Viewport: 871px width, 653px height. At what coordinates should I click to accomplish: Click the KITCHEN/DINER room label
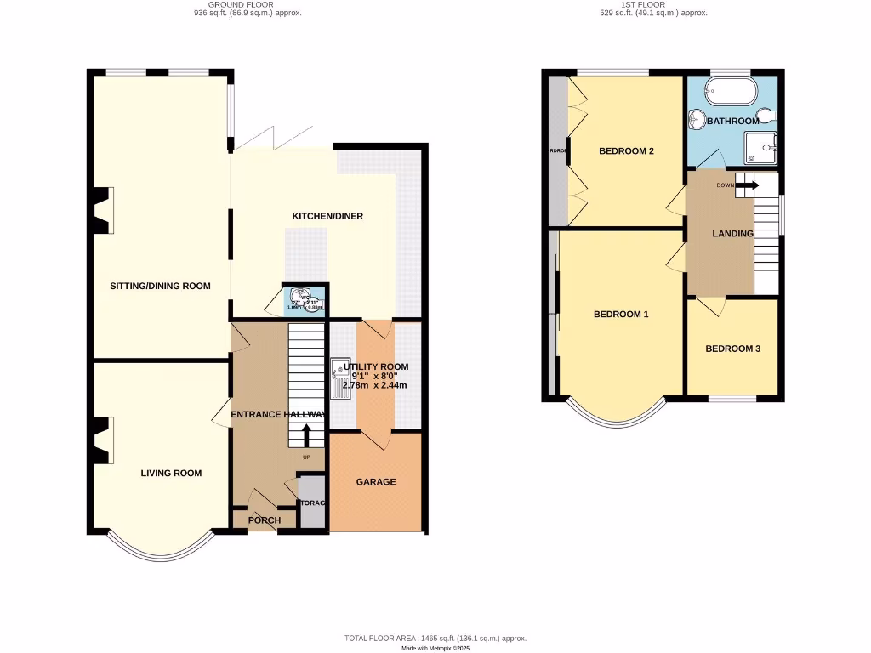(327, 217)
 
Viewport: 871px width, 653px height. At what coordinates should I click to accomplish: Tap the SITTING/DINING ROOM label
(160, 287)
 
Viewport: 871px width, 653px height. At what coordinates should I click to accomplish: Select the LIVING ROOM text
(171, 474)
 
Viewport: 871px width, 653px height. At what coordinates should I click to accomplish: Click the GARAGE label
(375, 482)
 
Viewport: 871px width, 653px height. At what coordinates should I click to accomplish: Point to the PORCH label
(264, 520)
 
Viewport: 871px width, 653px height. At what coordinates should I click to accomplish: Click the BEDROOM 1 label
(621, 315)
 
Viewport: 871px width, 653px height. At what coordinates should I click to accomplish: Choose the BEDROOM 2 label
(626, 152)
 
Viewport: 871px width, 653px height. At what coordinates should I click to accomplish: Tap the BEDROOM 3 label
(732, 349)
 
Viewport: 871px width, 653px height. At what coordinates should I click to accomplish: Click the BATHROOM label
(732, 122)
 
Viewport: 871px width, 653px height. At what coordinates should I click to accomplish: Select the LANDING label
(732, 234)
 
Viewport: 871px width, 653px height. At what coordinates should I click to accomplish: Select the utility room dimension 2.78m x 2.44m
(374, 385)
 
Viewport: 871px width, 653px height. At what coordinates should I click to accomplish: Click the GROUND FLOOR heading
(246, 4)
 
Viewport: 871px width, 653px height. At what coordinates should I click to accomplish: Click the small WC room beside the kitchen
(306, 298)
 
